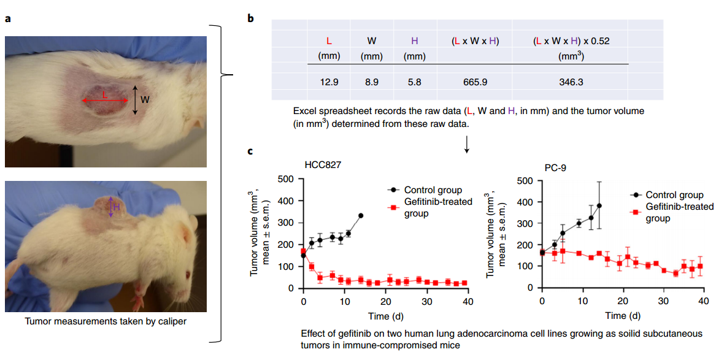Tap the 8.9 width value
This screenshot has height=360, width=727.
(x=372, y=82)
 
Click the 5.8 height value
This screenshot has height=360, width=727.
(x=414, y=82)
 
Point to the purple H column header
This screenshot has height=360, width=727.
(x=415, y=41)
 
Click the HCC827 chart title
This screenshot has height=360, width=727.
(x=323, y=165)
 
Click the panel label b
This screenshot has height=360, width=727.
(x=250, y=18)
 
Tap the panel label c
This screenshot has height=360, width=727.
(x=250, y=151)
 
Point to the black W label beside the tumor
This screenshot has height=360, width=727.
(x=145, y=99)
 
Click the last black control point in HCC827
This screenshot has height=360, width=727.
(x=361, y=216)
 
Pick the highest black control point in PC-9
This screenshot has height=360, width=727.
(x=599, y=205)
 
